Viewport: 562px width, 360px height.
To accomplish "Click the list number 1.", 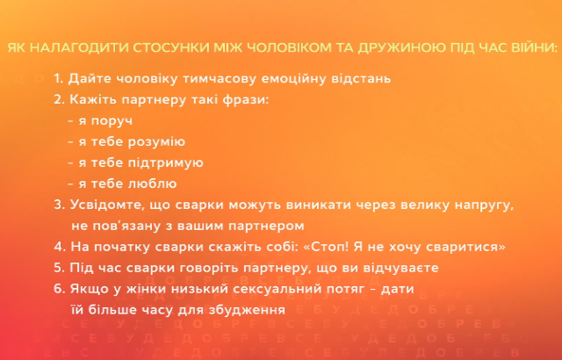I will [58, 78].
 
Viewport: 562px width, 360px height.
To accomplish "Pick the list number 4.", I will [59, 247].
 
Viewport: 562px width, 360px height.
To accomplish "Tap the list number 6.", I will [59, 289].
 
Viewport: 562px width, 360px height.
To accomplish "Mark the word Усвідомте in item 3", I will [103, 205].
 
